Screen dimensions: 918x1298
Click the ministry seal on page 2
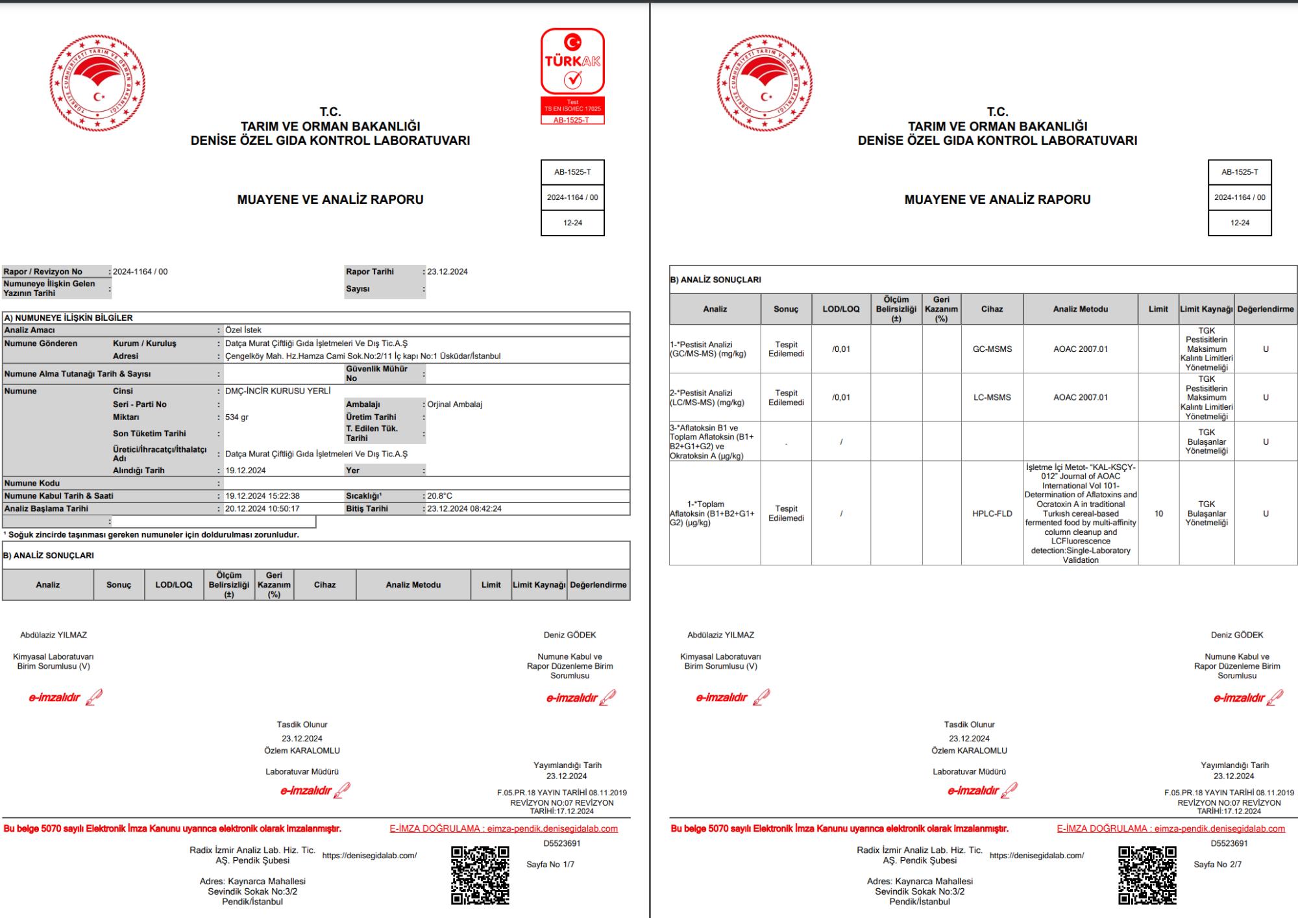[x=765, y=83]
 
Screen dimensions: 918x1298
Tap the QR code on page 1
[x=480, y=874]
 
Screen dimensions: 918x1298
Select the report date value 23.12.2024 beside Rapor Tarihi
[x=447, y=272]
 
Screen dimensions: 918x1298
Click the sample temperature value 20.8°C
[x=439, y=496]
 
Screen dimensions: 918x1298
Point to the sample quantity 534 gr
[x=237, y=417]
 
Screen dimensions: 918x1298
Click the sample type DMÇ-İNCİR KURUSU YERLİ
[x=278, y=391]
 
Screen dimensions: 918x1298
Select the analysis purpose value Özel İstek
[x=243, y=330]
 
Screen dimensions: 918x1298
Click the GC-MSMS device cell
[x=992, y=349]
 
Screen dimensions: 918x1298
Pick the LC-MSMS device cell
[x=992, y=397]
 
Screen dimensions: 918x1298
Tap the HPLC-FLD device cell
[x=992, y=514]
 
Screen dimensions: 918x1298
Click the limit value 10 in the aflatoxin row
[x=1158, y=514]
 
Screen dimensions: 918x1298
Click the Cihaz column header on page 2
[x=992, y=310]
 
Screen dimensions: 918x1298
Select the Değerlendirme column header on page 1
[x=598, y=585]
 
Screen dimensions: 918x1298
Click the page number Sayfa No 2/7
[x=1218, y=865]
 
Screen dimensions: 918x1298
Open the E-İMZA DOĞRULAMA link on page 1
[x=504, y=829]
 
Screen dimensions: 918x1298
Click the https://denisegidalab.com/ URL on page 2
[x=1036, y=856]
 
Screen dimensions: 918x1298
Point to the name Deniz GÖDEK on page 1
[x=570, y=635]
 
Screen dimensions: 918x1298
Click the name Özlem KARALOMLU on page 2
[x=969, y=751]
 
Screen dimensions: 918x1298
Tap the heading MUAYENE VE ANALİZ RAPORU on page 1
[x=330, y=200]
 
